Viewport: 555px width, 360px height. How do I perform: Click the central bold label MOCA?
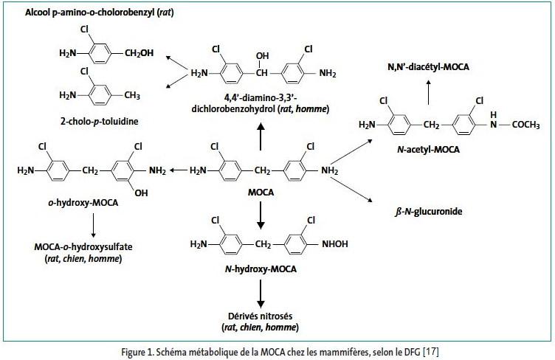pyautogui.click(x=261, y=193)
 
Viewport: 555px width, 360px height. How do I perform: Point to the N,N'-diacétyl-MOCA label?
pyautogui.click(x=428, y=67)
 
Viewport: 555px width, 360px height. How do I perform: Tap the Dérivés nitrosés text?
pyautogui.click(x=261, y=316)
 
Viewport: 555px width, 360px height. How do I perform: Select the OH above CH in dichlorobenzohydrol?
pyautogui.click(x=263, y=55)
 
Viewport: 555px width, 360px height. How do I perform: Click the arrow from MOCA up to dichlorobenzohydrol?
pyautogui.click(x=261, y=136)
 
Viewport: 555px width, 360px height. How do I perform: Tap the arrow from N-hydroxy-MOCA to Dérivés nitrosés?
pyautogui.click(x=261, y=294)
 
